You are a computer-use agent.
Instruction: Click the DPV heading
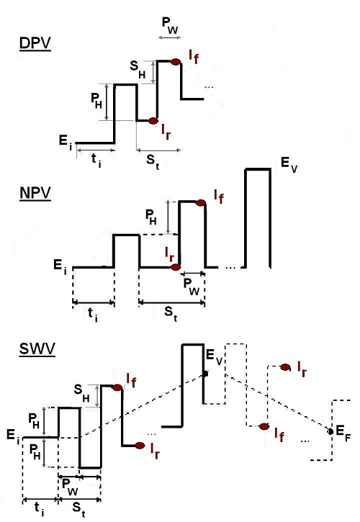click(35, 44)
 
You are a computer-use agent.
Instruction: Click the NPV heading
click(35, 194)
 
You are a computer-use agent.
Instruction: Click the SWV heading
click(37, 349)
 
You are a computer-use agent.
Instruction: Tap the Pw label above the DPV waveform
click(170, 25)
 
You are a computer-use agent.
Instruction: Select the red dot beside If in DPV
click(176, 62)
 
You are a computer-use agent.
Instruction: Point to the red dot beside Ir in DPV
click(153, 121)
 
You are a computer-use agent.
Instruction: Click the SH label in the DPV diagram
click(138, 69)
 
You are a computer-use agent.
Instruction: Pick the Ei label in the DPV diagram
click(66, 142)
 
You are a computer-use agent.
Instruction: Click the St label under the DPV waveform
click(153, 162)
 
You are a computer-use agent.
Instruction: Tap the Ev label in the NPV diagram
click(289, 165)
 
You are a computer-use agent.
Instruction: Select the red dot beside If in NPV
click(200, 203)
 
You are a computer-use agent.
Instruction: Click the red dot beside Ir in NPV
click(176, 267)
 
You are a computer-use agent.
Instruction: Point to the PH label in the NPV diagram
click(151, 217)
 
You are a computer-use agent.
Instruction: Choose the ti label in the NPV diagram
click(93, 314)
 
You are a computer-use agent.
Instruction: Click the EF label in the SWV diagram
click(343, 433)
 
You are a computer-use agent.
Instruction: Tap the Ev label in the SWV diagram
click(214, 356)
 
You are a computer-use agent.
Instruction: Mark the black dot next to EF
click(330, 431)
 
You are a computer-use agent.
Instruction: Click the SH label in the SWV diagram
click(81, 392)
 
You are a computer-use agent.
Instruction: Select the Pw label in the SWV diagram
click(71, 487)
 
